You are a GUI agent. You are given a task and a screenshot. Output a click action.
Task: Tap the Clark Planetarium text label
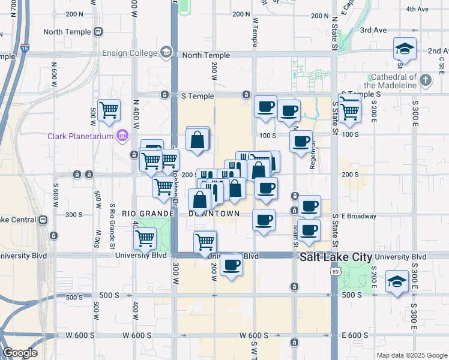point(82,136)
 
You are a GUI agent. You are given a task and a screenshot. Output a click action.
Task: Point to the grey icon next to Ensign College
point(166,53)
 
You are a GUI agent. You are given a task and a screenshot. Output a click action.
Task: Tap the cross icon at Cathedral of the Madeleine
point(426,80)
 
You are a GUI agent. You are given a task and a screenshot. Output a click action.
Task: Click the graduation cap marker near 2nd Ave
point(405,49)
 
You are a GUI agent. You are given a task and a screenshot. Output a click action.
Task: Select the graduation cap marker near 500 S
point(397,281)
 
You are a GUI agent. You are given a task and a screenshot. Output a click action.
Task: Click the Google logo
point(20,353)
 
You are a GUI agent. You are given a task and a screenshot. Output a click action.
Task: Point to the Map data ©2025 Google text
point(411,355)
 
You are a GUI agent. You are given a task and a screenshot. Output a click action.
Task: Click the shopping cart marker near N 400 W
point(109,110)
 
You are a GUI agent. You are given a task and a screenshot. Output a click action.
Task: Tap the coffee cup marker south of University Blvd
point(231,265)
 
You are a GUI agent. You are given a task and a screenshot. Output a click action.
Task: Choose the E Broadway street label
point(359,216)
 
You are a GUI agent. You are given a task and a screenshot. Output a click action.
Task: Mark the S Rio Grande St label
point(112,226)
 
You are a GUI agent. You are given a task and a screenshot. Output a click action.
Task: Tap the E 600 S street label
point(355,335)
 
